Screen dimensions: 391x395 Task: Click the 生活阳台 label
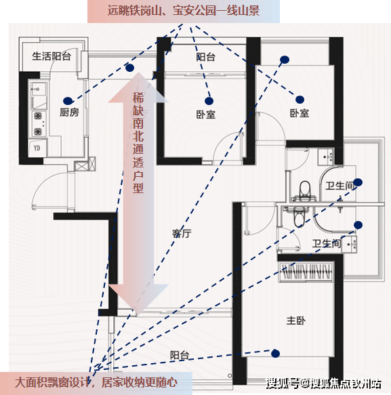click(x=52, y=56)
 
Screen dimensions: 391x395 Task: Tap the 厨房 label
click(x=69, y=112)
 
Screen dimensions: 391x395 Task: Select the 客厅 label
click(x=182, y=234)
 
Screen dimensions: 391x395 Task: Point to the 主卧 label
click(x=296, y=320)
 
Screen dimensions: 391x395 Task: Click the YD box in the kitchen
click(x=37, y=148)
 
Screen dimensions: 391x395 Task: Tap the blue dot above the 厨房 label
click(x=68, y=101)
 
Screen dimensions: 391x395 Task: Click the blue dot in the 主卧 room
click(x=275, y=354)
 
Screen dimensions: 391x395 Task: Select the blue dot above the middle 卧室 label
click(x=209, y=101)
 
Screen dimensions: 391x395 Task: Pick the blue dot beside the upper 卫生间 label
click(x=358, y=182)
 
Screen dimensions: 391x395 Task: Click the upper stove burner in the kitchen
click(x=38, y=116)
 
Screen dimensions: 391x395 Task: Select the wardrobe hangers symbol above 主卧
click(x=306, y=271)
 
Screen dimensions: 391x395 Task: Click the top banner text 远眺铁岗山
click(x=134, y=11)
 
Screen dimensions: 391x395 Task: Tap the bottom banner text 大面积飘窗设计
click(x=52, y=383)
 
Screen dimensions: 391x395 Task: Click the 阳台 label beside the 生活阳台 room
click(x=205, y=57)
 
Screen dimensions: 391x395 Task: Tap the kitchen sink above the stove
click(x=39, y=89)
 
